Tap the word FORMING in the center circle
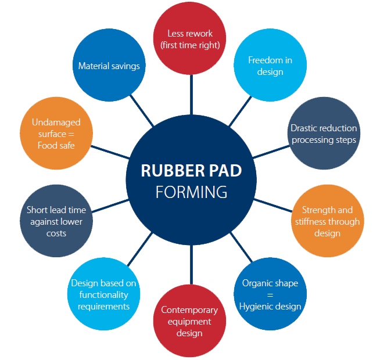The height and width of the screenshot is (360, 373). coord(191,192)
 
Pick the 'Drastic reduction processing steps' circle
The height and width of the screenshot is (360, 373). coord(324,134)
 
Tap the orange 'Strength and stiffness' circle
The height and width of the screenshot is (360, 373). coord(327,221)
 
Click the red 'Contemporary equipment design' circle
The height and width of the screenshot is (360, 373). coord(189,321)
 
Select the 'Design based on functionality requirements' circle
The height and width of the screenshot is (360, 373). coord(103,294)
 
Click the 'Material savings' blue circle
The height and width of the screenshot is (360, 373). coord(109,66)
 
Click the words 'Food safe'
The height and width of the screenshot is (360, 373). coord(56,145)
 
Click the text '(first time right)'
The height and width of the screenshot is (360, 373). coord(191,45)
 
